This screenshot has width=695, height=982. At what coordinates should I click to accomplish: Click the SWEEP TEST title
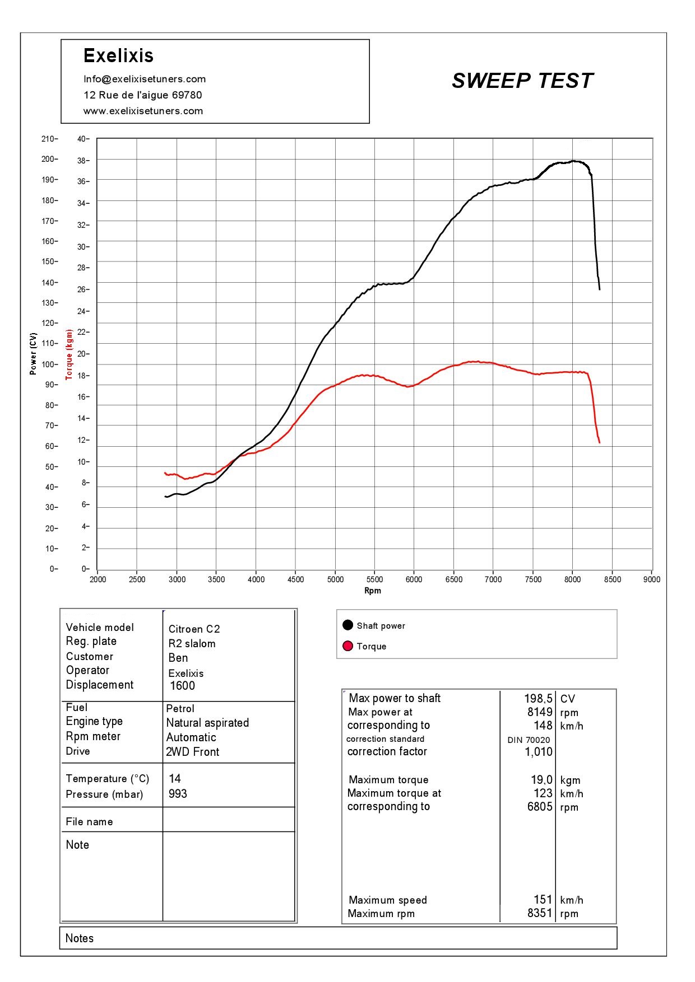(522, 81)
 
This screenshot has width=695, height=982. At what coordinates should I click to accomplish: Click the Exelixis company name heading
(118, 55)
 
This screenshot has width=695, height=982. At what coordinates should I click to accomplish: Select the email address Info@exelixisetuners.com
(145, 79)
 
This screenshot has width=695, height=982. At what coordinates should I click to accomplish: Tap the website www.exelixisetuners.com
(143, 111)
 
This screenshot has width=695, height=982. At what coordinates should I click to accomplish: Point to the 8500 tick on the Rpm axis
(612, 579)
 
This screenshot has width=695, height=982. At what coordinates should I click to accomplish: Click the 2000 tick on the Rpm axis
(98, 579)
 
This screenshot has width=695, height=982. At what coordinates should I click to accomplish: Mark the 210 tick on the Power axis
(48, 139)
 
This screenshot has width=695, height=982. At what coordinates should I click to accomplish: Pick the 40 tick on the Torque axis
(83, 139)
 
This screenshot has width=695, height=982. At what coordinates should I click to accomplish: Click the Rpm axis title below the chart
(373, 591)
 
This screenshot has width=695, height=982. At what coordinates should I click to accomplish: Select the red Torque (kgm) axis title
(69, 354)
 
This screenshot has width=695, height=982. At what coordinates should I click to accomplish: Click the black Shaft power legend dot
(347, 625)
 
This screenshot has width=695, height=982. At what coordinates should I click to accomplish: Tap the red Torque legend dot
(347, 646)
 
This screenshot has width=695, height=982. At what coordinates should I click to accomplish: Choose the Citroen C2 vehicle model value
(194, 629)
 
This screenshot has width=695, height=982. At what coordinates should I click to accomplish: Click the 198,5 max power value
(539, 699)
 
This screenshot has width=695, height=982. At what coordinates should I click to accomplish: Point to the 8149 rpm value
(540, 712)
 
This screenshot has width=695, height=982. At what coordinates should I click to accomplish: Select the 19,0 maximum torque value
(541, 780)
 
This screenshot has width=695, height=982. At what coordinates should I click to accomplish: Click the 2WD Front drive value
(192, 752)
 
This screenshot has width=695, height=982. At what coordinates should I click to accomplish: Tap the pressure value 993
(178, 794)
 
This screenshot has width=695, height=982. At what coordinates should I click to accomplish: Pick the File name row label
(89, 822)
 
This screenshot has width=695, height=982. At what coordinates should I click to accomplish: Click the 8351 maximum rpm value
(540, 913)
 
